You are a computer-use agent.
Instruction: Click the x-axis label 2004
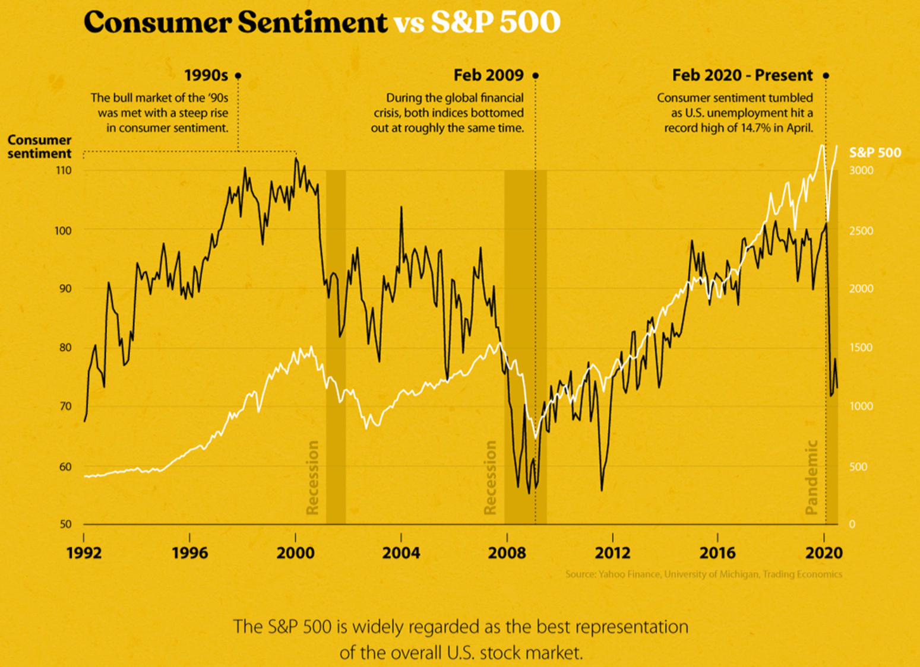click(x=401, y=553)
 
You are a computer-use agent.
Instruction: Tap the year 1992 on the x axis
click(x=84, y=553)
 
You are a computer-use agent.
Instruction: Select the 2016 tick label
click(x=717, y=553)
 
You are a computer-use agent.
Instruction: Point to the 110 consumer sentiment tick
click(x=64, y=170)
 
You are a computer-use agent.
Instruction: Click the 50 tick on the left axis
click(x=65, y=524)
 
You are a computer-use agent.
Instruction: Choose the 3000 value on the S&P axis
click(x=861, y=170)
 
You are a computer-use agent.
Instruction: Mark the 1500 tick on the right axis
click(x=861, y=348)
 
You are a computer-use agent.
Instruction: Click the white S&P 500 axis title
click(x=875, y=153)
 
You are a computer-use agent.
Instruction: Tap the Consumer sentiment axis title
click(x=39, y=147)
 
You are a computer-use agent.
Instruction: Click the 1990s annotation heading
click(x=206, y=75)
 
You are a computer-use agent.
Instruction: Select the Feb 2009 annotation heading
click(x=488, y=75)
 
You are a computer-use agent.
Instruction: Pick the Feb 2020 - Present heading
click(x=742, y=75)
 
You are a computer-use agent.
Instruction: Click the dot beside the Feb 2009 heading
click(x=536, y=75)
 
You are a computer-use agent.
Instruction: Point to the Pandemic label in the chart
click(x=812, y=477)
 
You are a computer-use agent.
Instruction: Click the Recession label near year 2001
click(x=312, y=477)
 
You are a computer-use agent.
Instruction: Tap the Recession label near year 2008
click(x=490, y=477)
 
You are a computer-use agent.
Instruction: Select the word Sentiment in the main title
click(x=312, y=23)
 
